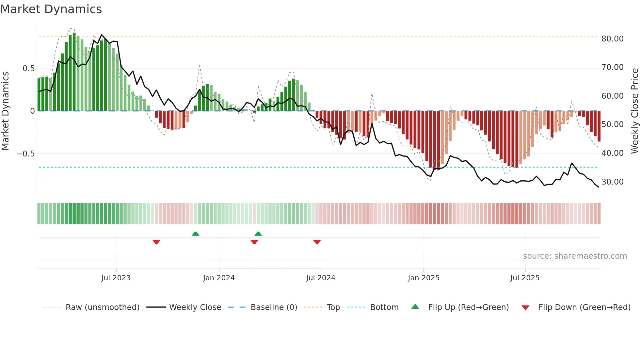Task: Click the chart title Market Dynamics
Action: [51, 9]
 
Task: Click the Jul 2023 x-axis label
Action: [116, 278]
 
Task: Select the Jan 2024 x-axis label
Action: [219, 278]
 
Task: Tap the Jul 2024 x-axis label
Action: [321, 278]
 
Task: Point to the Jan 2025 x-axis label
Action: [424, 278]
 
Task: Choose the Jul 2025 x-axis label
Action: [525, 278]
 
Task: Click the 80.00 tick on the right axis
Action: [612, 39]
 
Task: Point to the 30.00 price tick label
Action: [612, 182]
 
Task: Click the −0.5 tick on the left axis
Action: [25, 154]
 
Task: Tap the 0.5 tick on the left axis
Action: [28, 68]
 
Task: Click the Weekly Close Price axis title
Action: [634, 111]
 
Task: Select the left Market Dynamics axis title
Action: [5, 111]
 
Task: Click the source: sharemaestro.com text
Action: [575, 256]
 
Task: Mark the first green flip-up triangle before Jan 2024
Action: [196, 234]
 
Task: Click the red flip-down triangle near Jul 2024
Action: [317, 242]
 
